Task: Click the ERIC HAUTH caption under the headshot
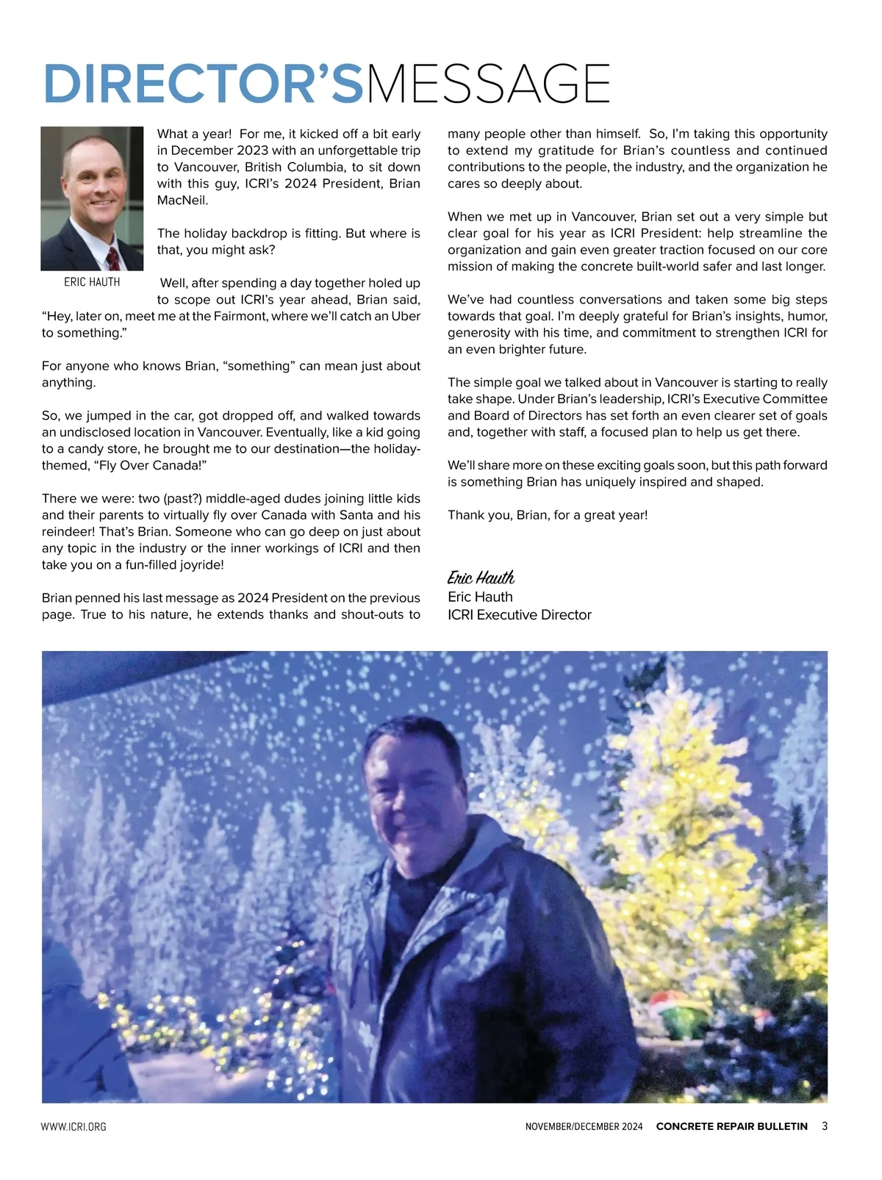coord(92,282)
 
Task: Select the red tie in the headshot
coord(113,259)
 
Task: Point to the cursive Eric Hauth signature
coord(481,578)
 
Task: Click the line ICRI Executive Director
coord(519,615)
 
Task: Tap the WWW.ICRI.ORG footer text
coord(73,1126)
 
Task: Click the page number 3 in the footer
coord(825,1126)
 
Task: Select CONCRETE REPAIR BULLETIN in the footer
coord(731,1126)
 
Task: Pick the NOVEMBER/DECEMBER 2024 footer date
coord(584,1126)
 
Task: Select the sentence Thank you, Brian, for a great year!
coord(548,515)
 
